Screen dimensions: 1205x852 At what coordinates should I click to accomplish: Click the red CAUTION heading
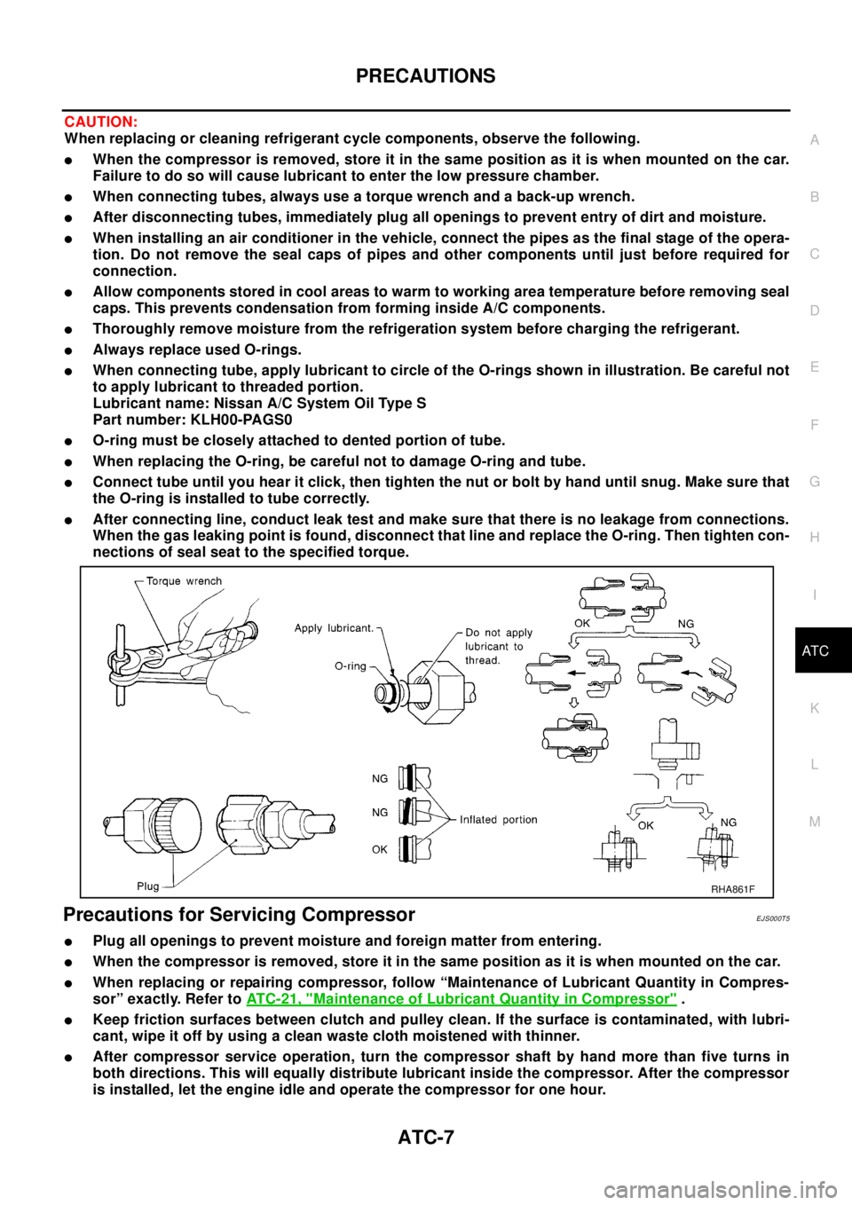click(100, 122)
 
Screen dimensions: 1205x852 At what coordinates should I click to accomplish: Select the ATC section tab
click(814, 651)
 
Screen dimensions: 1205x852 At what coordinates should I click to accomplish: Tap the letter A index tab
click(814, 140)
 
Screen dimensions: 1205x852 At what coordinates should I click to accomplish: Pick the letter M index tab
click(814, 822)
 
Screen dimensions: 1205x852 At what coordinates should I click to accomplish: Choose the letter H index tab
click(814, 538)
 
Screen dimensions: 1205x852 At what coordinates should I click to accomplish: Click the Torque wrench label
click(184, 581)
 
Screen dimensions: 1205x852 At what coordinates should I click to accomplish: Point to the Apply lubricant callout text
click(334, 628)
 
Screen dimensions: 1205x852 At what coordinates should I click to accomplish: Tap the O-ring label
click(351, 666)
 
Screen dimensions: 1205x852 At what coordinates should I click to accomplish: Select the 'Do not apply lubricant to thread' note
click(498, 647)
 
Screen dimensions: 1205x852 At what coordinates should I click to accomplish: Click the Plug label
click(147, 886)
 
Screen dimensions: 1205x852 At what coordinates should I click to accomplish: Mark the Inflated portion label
click(498, 820)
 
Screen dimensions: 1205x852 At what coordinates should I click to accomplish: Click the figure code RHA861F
click(732, 888)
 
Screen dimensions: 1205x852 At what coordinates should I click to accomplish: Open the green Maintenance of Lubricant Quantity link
click(461, 999)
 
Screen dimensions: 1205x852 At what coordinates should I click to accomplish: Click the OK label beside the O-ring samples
click(380, 849)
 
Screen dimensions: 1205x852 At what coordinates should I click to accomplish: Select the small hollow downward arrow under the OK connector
click(574, 704)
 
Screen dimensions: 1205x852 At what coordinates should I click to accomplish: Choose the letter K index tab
click(814, 708)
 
